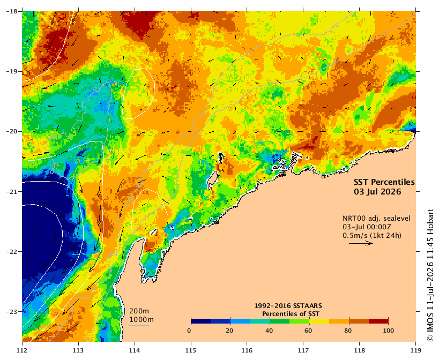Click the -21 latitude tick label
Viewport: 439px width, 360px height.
coord(11,192)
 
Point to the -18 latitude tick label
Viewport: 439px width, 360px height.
coord(11,11)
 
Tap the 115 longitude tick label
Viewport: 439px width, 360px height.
coord(191,350)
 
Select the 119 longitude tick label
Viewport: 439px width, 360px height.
coord(416,350)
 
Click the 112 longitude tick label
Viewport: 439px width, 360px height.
coord(22,350)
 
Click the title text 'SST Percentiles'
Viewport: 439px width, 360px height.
coord(384,182)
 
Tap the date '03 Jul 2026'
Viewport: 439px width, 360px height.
coord(377,192)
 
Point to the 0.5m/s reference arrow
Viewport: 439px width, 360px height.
coord(361,243)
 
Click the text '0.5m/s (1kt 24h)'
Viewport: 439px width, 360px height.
coord(372,236)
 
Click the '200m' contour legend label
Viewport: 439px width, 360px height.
coord(139,311)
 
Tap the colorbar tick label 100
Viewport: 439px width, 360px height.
coord(388,331)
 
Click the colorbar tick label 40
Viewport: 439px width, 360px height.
coord(269,331)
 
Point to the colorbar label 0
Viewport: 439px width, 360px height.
coord(190,331)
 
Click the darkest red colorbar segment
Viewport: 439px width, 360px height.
coord(378,321)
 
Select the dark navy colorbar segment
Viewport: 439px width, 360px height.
coord(201,321)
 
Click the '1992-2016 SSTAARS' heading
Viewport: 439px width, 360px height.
coord(288,306)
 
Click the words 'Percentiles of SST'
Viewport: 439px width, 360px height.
coord(291,314)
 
